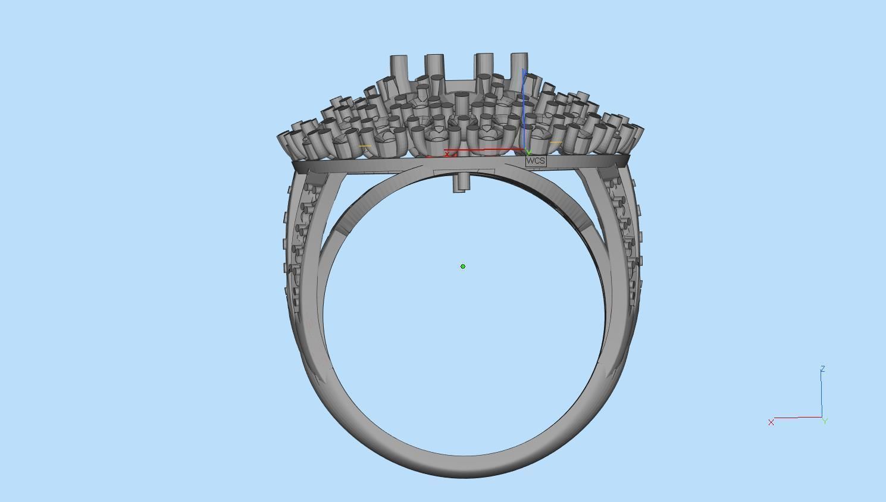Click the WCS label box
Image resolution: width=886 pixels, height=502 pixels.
tap(536, 161)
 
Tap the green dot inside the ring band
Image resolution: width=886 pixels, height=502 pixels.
tap(463, 266)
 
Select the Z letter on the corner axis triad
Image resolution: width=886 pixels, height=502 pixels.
tap(822, 369)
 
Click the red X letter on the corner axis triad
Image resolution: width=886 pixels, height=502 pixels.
tap(771, 422)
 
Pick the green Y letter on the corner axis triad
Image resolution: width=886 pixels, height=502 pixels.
tap(825, 421)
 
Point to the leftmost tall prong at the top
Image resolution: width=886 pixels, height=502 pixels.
tap(399, 67)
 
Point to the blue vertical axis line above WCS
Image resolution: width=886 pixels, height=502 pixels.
tap(524, 107)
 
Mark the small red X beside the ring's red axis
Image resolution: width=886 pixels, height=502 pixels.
tap(447, 154)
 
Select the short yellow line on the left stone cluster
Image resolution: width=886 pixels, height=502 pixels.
tap(365, 146)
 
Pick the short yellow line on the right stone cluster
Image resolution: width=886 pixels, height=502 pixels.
tap(556, 143)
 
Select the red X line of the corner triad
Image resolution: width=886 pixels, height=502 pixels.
tap(797, 418)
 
